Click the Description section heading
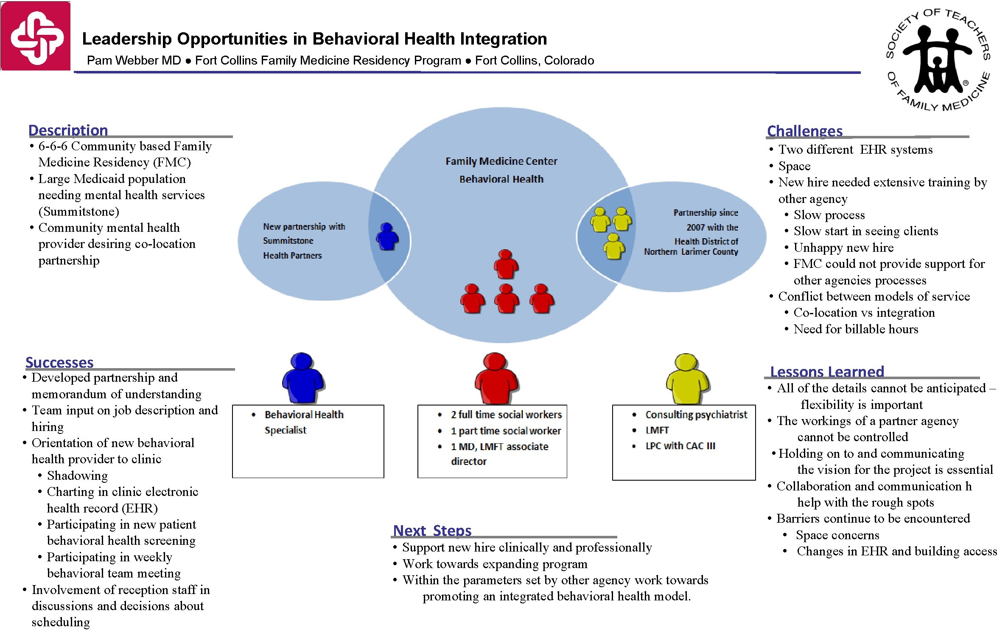click(68, 130)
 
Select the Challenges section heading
click(805, 131)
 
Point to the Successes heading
click(59, 362)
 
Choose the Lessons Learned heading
click(827, 372)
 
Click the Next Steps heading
click(432, 530)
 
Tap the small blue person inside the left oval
click(387, 237)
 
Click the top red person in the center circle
click(506, 264)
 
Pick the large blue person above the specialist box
click(303, 378)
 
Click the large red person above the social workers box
click(496, 378)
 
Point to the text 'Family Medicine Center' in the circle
click(501, 161)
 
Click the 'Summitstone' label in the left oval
click(288, 241)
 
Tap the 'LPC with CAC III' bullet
click(680, 446)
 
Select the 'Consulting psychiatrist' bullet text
click(696, 414)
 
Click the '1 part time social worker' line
click(506, 431)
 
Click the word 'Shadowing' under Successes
click(77, 476)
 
